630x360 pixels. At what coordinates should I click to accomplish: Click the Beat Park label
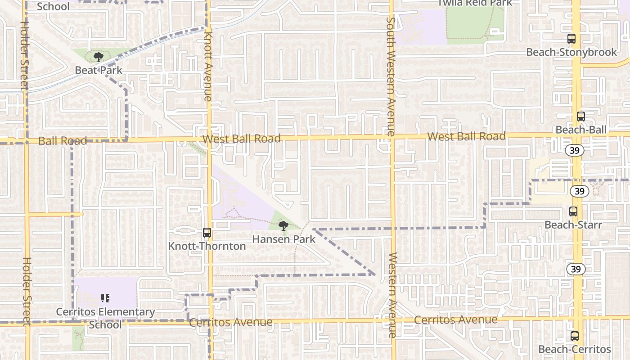pos(99,70)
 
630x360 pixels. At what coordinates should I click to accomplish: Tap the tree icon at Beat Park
pos(99,57)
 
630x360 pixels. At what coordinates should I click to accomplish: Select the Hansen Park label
pos(284,239)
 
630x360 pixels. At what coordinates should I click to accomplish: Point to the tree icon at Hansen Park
pos(283,225)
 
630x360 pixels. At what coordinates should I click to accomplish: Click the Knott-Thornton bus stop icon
pos(207,233)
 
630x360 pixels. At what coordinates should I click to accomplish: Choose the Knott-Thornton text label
pos(207,246)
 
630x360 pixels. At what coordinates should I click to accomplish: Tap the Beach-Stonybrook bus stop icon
pos(571,39)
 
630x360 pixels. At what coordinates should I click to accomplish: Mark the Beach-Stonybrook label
pos(571,52)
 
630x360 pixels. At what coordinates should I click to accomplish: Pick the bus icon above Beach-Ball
pos(581,117)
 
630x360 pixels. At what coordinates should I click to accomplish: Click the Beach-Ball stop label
pos(581,130)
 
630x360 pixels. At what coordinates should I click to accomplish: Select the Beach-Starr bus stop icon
pos(573,211)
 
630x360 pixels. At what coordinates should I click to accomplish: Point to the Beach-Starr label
pos(573,224)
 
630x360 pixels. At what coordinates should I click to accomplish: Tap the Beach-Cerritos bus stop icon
pos(575,336)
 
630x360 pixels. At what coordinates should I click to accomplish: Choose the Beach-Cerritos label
pos(575,349)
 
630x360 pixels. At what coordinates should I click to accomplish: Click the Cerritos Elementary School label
pos(105,318)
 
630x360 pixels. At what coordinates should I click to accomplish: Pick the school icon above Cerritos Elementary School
pos(105,298)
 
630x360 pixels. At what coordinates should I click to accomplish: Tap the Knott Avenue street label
pos(207,66)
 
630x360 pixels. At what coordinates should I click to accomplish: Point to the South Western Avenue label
pos(390,76)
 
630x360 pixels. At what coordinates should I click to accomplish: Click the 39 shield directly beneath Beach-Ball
pos(575,150)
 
